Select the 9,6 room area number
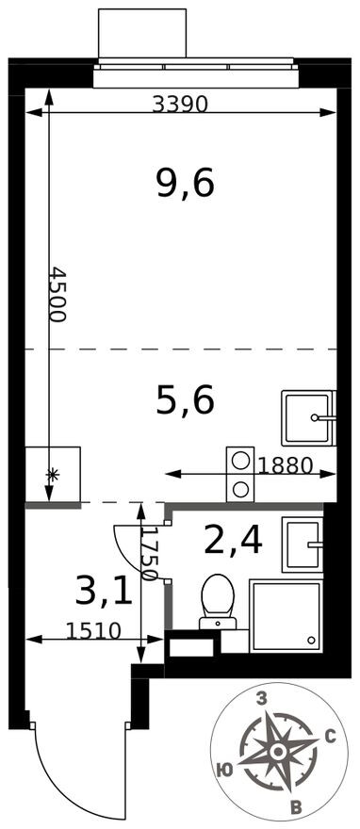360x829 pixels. [x=186, y=183]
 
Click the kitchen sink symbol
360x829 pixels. [x=308, y=414]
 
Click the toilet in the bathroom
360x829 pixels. [x=218, y=600]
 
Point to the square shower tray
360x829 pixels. [x=286, y=615]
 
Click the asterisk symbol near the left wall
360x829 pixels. [x=52, y=475]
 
